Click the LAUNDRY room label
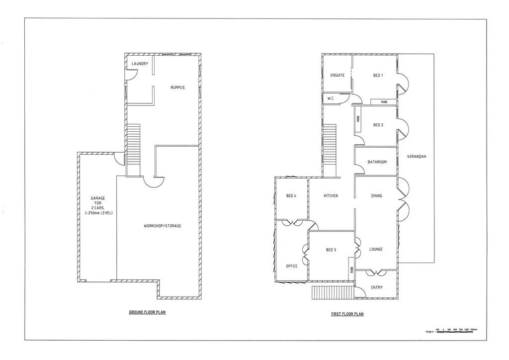[140, 64]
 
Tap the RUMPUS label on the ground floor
[177, 88]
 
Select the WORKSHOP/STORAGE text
[163, 226]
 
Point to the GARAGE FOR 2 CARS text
[98, 205]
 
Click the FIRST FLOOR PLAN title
[347, 314]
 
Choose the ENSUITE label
[338, 76]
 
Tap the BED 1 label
[378, 76]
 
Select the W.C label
[330, 99]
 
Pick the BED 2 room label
[378, 125]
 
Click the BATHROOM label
[377, 162]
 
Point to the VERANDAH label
[416, 157]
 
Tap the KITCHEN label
[331, 196]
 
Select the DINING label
[377, 196]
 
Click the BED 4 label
[291, 196]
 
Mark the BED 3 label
[332, 250]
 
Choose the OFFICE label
[292, 266]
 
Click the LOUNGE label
[376, 249]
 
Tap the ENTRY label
[377, 287]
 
